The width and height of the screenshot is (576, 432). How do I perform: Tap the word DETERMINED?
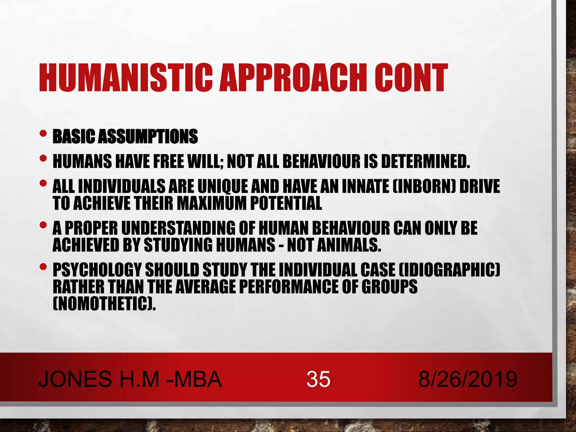[425, 161]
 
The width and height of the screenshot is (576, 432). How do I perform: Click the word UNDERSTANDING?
[178, 228]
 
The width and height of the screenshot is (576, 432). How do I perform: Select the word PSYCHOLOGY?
[97, 270]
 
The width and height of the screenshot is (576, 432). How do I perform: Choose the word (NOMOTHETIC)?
[104, 303]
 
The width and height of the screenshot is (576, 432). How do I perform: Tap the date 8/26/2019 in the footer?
[467, 379]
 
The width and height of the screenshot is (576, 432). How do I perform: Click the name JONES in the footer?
[75, 379]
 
